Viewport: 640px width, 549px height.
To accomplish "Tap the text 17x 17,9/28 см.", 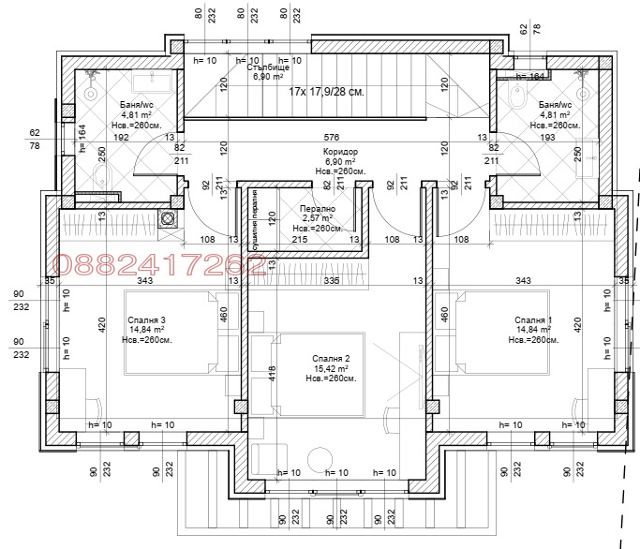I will [326, 92].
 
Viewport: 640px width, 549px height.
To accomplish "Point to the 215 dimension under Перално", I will [300, 240].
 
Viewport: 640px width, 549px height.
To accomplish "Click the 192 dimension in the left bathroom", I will [121, 137].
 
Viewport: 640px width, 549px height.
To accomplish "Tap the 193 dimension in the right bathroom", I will [549, 137].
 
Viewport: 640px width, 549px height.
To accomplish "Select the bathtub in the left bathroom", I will [155, 87].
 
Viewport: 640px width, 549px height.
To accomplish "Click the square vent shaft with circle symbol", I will [169, 219].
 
